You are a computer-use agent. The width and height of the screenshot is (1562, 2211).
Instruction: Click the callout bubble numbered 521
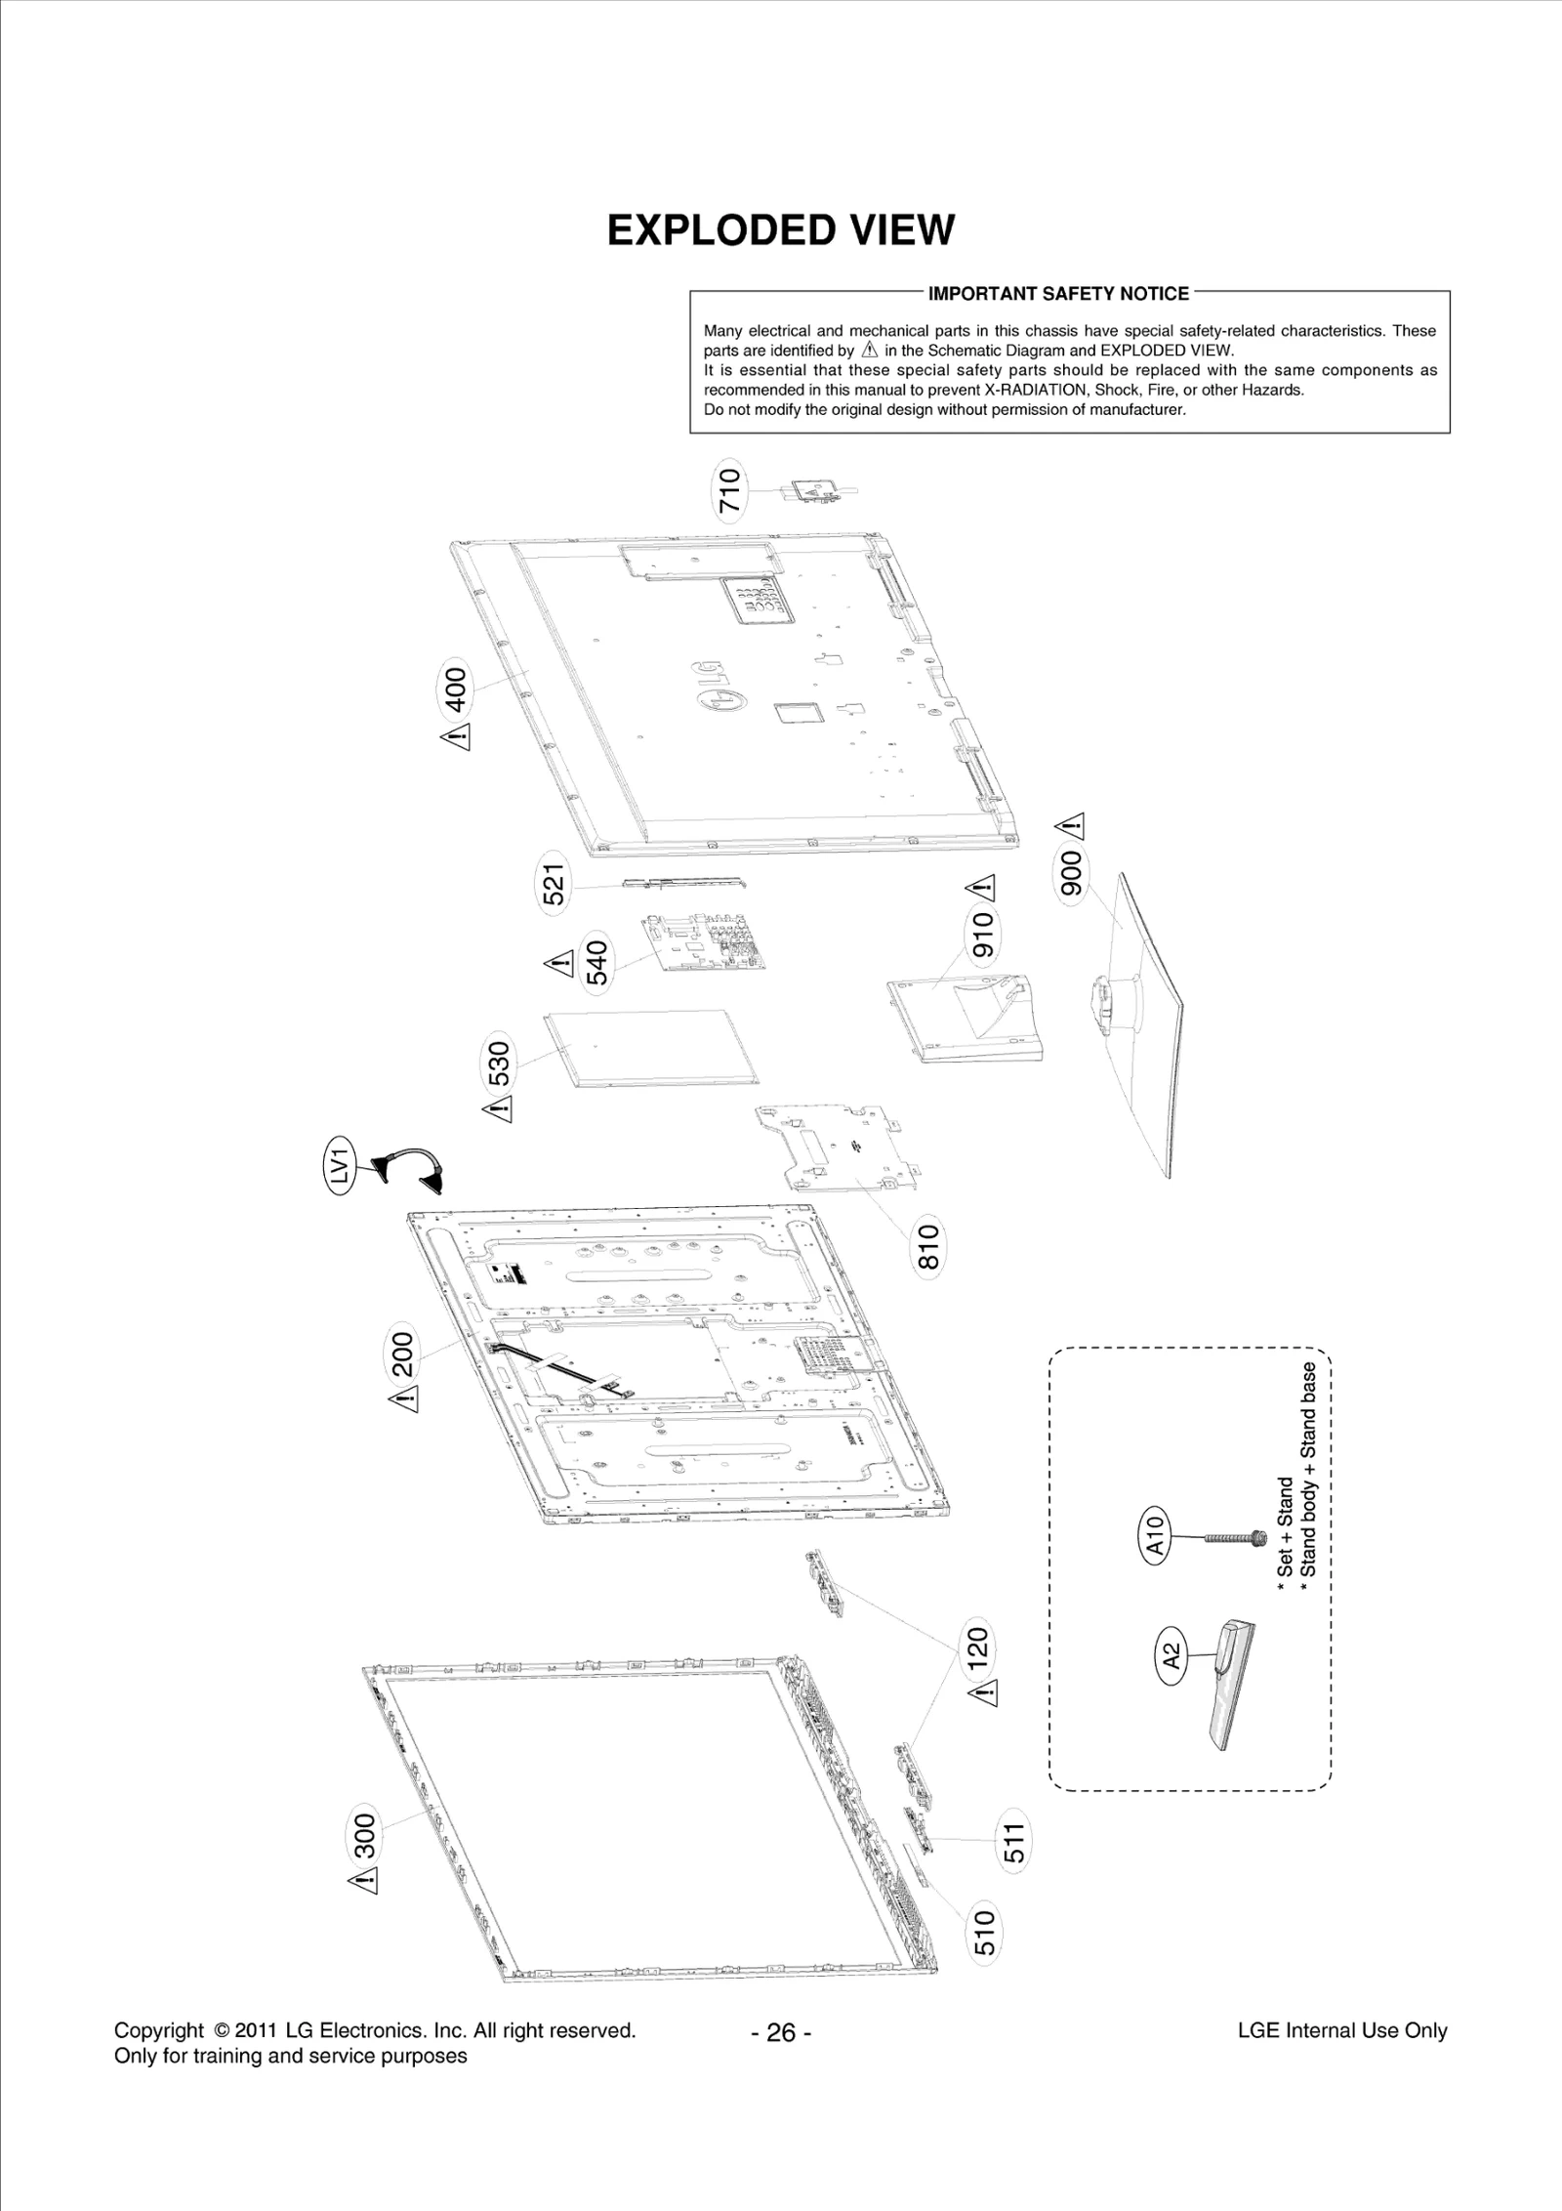click(555, 885)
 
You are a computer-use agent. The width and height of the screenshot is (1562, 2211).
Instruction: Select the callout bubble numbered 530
click(499, 1064)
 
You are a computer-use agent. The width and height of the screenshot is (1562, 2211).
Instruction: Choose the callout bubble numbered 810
click(927, 1247)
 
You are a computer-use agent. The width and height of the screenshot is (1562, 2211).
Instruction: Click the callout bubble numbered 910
click(982, 934)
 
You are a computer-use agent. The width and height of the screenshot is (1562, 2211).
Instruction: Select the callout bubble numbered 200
click(403, 1353)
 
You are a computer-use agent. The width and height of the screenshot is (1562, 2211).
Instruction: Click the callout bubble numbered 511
click(1014, 1842)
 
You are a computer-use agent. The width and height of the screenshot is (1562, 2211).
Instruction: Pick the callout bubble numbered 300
click(364, 1835)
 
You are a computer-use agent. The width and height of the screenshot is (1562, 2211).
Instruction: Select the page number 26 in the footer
click(781, 2033)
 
